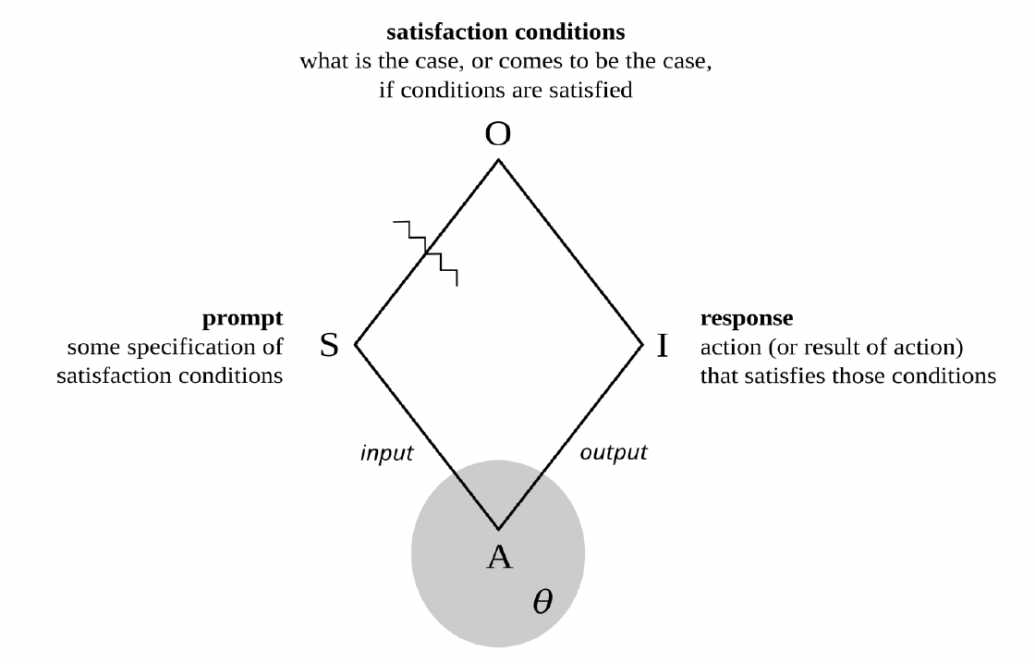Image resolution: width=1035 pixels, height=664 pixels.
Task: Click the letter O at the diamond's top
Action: point(498,135)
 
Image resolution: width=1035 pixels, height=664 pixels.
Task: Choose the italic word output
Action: point(613,453)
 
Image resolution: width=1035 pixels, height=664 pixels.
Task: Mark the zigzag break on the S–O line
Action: point(426,252)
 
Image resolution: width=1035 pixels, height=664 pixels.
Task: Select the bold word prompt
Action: point(242,320)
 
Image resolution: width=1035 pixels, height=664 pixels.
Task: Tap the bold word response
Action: point(746,320)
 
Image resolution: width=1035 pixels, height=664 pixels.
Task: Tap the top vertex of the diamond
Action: point(498,161)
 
